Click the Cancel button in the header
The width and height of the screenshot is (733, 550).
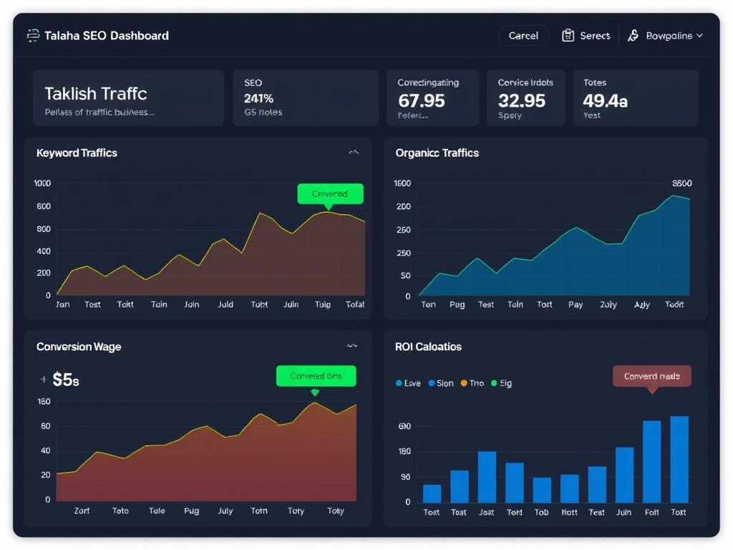point(523,35)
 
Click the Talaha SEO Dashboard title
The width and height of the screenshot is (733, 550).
point(107,35)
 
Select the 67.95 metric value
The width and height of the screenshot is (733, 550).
point(422,100)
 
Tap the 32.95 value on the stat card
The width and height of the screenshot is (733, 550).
point(522,100)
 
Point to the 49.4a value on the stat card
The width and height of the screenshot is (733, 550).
point(605,100)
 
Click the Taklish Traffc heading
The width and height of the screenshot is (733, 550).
point(95,93)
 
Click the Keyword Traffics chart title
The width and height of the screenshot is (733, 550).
point(77,153)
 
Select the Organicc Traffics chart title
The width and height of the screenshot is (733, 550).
point(437,153)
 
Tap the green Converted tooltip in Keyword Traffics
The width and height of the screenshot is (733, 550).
point(330,193)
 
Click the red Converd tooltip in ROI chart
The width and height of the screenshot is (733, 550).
point(652,376)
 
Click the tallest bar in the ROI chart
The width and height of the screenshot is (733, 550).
point(679,459)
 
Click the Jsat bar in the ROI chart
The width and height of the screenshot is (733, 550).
point(487,476)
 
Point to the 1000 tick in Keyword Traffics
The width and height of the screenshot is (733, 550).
point(42,183)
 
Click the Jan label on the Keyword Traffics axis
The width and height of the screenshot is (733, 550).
point(63,304)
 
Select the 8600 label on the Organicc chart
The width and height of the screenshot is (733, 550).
point(682,183)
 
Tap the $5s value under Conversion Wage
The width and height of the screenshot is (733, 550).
point(66,380)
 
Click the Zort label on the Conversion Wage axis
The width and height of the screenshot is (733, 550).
point(82,511)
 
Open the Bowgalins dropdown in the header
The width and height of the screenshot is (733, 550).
point(666,35)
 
